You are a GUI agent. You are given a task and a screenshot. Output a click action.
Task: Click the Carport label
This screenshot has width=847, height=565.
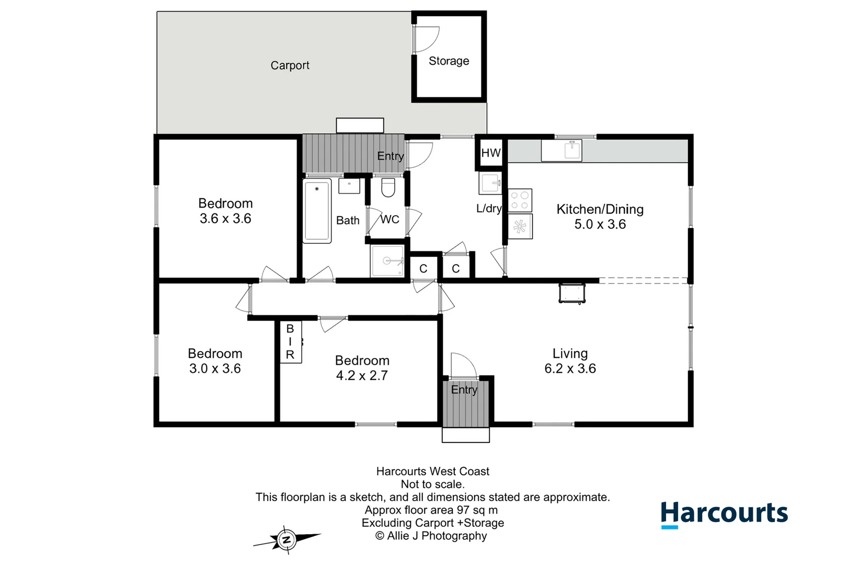pyautogui.click(x=290, y=65)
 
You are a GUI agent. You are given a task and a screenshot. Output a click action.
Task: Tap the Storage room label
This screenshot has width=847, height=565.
pyautogui.click(x=449, y=61)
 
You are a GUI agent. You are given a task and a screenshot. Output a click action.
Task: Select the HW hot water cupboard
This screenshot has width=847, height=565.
pyautogui.click(x=490, y=153)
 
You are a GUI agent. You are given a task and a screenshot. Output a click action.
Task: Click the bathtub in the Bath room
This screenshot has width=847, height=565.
pyautogui.click(x=317, y=211)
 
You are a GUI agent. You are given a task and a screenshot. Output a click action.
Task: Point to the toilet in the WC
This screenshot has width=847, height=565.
pyautogui.click(x=388, y=187)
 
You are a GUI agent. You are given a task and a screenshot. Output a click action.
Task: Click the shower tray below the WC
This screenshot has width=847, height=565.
pyautogui.click(x=387, y=261)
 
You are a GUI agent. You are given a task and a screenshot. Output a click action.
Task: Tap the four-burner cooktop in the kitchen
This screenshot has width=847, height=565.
pyautogui.click(x=520, y=200)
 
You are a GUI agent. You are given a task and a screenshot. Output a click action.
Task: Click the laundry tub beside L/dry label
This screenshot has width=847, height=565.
pyautogui.click(x=490, y=183)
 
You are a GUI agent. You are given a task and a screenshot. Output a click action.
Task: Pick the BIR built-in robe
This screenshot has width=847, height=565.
pyautogui.click(x=290, y=342)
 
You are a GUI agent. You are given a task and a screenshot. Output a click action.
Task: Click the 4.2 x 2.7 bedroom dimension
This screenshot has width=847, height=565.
pyautogui.click(x=362, y=376)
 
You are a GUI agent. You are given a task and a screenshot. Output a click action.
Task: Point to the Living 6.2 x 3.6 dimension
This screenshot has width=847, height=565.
pyautogui.click(x=570, y=368)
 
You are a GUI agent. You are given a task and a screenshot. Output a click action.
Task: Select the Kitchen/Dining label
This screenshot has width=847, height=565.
pyautogui.click(x=600, y=209)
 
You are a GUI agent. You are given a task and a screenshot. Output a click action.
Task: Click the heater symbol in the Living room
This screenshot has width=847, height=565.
pyautogui.click(x=571, y=293)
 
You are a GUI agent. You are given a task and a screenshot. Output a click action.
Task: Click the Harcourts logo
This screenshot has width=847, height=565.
pyautogui.click(x=724, y=514)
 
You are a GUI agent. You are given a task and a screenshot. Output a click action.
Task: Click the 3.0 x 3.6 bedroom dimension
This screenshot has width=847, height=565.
pyautogui.click(x=215, y=368)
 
